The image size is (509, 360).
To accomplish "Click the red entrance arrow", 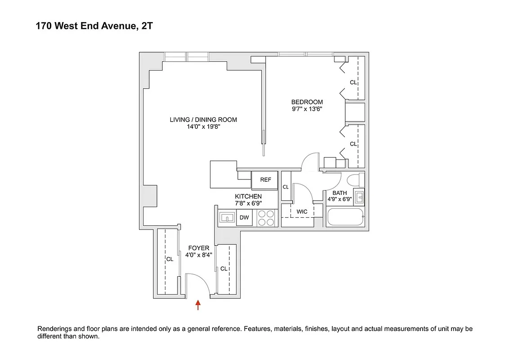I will (197, 306).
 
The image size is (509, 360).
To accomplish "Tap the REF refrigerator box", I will (265, 180).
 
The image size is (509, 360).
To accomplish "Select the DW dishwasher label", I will (244, 218).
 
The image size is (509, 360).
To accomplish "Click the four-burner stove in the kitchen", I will (266, 218).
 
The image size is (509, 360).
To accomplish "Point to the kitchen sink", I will (227, 218).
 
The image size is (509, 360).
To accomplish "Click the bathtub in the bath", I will (345, 218).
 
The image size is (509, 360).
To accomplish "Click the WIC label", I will (302, 211).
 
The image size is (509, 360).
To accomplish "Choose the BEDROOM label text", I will (307, 102).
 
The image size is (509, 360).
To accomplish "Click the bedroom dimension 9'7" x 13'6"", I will (307, 109).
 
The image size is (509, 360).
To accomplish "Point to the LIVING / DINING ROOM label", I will (203, 120).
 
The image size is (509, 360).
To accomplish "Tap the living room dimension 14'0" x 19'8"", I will (203, 127).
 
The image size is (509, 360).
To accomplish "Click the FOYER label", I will (198, 248).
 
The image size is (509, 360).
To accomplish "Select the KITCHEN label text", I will (248, 197).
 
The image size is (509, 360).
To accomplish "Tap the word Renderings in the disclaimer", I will (55, 329).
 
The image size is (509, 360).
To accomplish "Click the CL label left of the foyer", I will (170, 259).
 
